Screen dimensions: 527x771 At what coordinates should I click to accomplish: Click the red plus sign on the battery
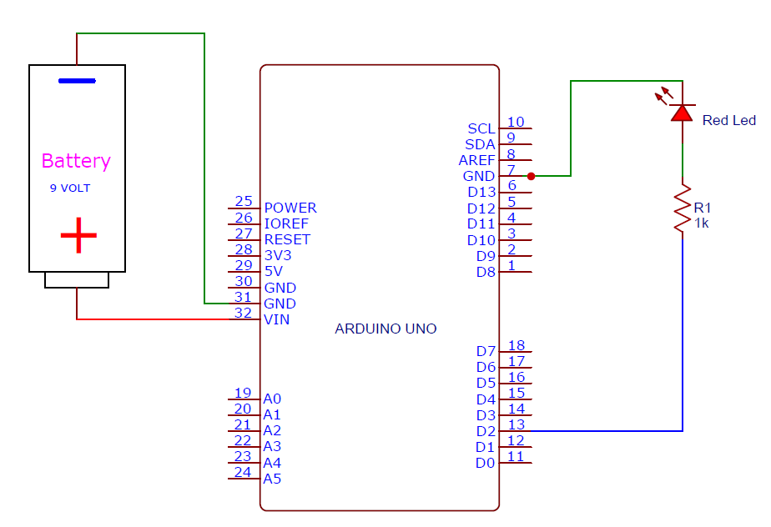[78, 236]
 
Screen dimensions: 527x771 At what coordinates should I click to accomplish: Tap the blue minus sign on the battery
[77, 81]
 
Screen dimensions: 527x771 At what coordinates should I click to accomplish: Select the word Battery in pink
[76, 161]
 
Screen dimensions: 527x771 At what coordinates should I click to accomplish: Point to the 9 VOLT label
[70, 188]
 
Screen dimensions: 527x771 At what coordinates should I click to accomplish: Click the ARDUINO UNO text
[385, 329]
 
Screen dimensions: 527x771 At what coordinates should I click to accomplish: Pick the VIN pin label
[277, 319]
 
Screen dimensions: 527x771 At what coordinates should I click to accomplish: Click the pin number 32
[243, 313]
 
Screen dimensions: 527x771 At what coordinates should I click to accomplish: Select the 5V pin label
[274, 271]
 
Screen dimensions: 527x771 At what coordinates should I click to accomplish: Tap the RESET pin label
[287, 239]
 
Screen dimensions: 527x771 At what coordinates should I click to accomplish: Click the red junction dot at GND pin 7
[531, 176]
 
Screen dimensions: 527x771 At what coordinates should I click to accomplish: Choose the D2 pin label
[486, 431]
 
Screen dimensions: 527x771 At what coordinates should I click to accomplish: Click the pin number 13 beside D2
[516, 424]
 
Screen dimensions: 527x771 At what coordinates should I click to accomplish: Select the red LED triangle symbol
[683, 113]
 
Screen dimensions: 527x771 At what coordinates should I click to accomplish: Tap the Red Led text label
[728, 120]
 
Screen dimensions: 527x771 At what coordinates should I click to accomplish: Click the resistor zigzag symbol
[683, 208]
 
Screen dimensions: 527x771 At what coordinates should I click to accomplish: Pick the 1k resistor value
[702, 223]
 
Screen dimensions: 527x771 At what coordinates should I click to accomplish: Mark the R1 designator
[703, 208]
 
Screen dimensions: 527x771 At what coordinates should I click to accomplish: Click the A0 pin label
[272, 399]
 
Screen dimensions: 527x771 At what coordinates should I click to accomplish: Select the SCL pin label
[481, 128]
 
